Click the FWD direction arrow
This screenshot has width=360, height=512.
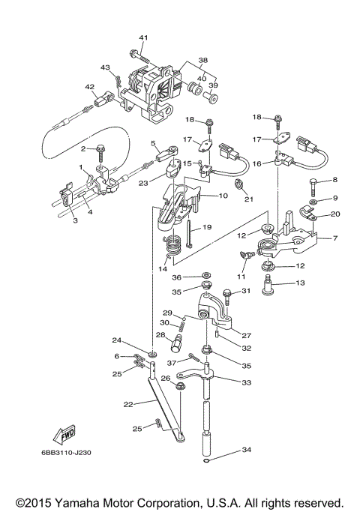(64, 435)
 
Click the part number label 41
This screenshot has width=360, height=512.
(143, 37)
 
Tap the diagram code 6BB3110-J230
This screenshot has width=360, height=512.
(66, 453)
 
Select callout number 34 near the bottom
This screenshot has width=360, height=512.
(247, 450)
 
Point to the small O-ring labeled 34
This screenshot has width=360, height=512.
(205, 461)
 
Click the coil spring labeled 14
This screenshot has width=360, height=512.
(172, 246)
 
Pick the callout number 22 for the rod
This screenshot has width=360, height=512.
(128, 404)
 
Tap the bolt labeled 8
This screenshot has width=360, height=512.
(313, 187)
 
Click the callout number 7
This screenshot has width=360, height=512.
(334, 238)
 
